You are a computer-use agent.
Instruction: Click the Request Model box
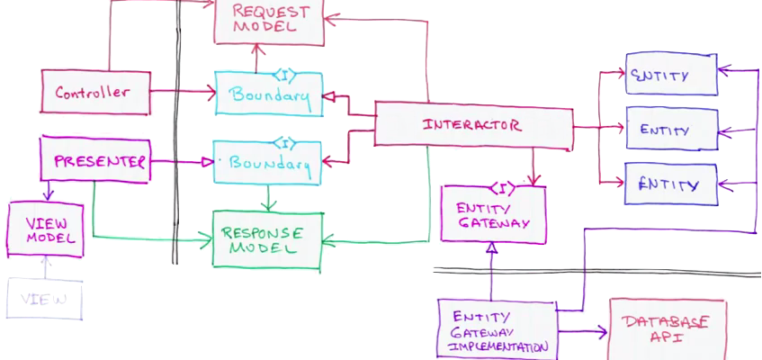pos(269,22)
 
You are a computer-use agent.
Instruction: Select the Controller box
pos(94,92)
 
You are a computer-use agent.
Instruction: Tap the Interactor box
pos(472,124)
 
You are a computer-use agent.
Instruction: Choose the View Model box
pos(45,229)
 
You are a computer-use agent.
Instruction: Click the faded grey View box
pos(44,299)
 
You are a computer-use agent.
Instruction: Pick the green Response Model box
pos(266,239)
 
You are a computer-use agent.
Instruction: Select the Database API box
pos(668,329)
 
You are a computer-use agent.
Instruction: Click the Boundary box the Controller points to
pos(268,94)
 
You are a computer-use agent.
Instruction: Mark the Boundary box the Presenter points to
pos(267,164)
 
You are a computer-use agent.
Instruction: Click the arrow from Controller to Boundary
pos(180,92)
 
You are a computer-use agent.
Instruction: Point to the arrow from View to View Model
pos(45,267)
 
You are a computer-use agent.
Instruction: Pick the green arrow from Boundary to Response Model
pos(267,197)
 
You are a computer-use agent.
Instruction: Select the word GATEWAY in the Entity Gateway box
pos(493,224)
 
